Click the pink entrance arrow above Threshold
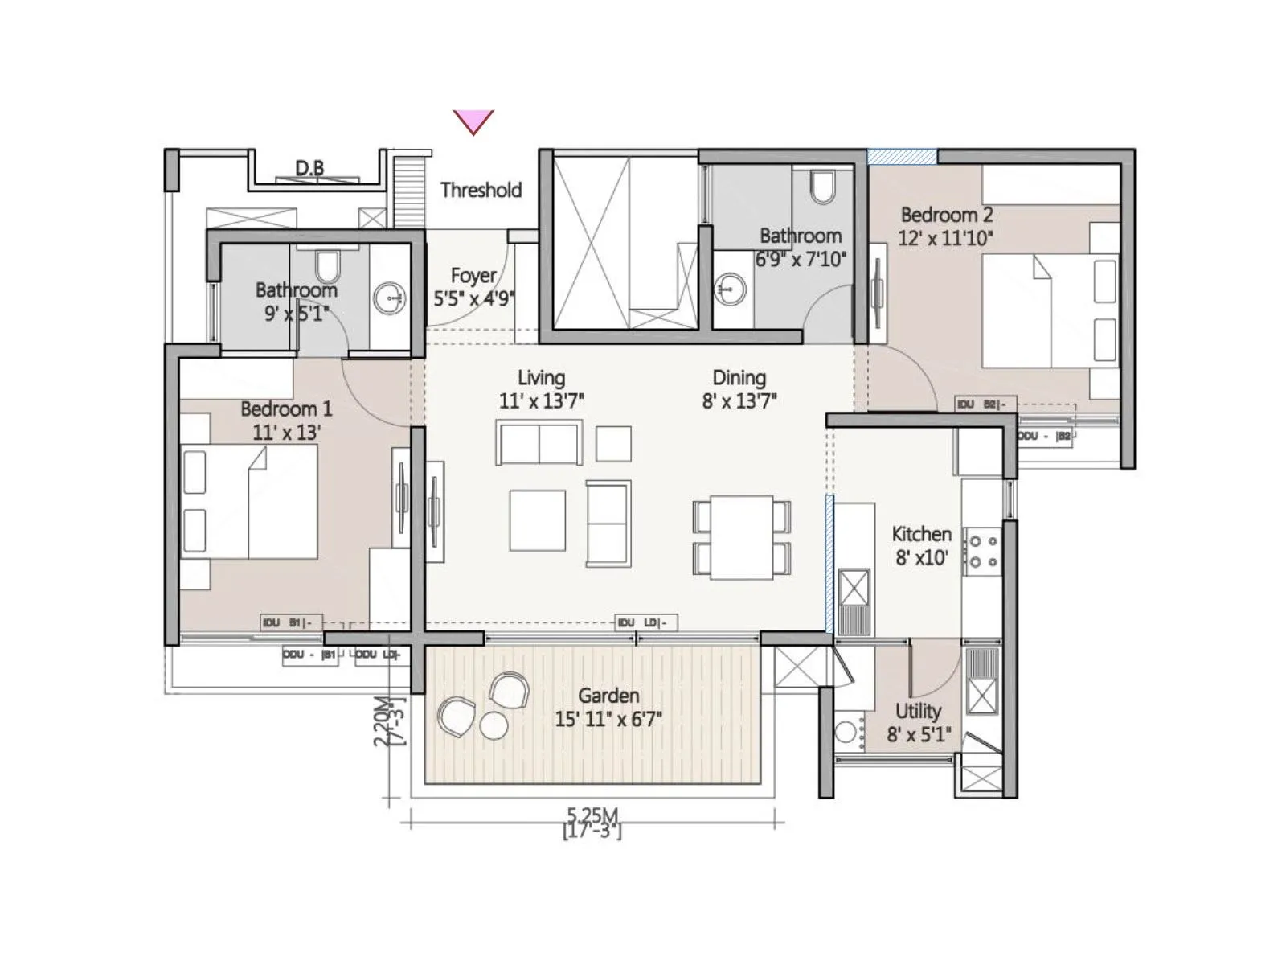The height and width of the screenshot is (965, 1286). tap(473, 121)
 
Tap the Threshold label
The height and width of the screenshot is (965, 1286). tap(481, 190)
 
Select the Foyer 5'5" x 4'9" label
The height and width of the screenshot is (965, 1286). tap(473, 287)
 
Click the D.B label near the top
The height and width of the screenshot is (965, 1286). tap(309, 168)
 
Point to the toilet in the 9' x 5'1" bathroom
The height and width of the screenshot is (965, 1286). tap(327, 265)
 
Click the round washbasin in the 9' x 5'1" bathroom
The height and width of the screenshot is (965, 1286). tap(390, 298)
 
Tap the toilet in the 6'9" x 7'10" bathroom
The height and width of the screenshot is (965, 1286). tap(821, 187)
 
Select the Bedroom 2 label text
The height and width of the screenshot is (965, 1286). tap(946, 216)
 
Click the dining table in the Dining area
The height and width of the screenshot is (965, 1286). tap(742, 536)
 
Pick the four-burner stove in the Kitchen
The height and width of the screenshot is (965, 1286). tap(982, 552)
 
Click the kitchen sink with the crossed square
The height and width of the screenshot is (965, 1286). tap(854, 587)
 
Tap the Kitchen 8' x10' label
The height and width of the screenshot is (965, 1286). tap(921, 545)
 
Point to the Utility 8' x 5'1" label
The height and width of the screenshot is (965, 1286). tap(918, 721)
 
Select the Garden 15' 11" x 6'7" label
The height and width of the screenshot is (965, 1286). tap(608, 707)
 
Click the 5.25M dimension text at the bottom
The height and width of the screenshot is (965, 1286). tap(592, 815)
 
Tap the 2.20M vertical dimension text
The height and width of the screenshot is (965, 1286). tap(381, 721)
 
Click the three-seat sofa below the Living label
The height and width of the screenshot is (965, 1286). tap(539, 444)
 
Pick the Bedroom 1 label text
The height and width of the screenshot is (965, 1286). tap(285, 409)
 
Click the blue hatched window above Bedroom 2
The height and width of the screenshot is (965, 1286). tap(902, 157)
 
